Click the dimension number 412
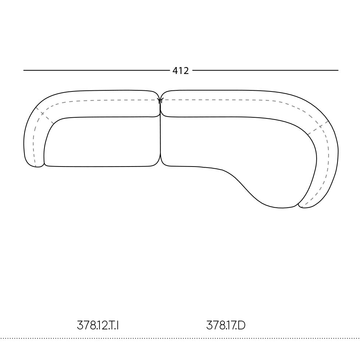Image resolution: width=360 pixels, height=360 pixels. click(180, 71)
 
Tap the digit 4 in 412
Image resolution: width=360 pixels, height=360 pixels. click(175, 71)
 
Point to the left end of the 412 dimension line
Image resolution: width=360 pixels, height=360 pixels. click(24, 70)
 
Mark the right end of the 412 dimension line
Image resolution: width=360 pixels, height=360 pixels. click(338, 70)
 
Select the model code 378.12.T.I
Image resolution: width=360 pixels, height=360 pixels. click(98, 325)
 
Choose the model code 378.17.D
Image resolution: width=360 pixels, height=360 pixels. click(226, 325)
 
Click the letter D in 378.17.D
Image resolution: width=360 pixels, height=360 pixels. click(242, 325)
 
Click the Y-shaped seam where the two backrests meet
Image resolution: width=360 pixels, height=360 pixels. click(160, 100)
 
